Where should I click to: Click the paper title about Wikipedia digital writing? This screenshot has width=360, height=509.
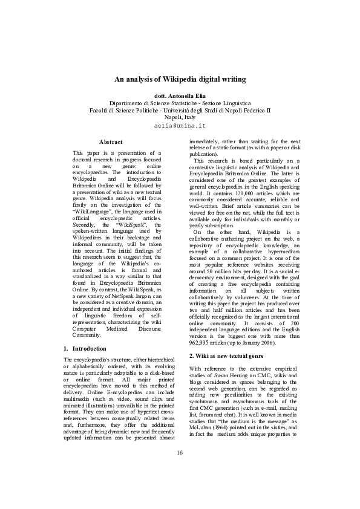(180, 79)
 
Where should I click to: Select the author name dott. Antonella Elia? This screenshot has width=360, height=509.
(180, 96)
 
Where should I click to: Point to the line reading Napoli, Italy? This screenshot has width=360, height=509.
(180, 117)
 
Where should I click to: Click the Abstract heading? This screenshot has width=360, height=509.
(114, 141)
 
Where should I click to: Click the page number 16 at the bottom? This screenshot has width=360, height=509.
(180, 469)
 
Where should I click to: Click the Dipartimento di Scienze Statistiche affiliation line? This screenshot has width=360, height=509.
(180, 103)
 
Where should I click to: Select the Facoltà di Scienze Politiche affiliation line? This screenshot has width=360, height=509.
(180, 110)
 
